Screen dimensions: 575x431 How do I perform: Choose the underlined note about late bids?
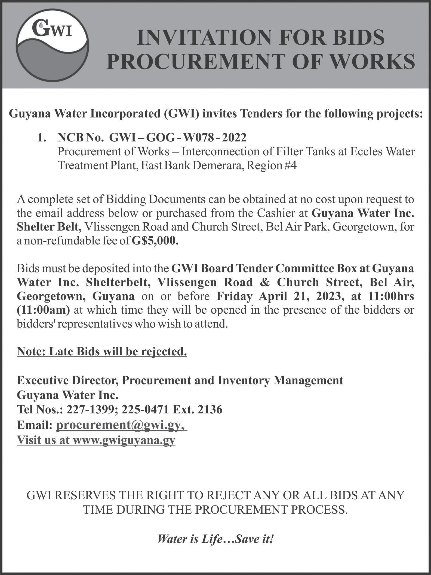[x=102, y=352]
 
